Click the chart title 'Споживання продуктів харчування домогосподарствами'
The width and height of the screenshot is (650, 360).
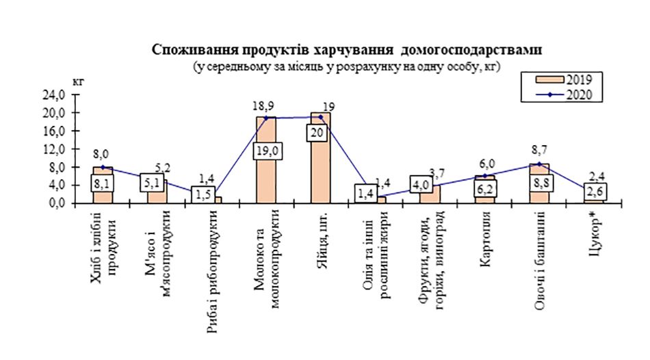click(346, 51)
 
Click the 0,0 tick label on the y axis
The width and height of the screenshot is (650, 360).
click(57, 203)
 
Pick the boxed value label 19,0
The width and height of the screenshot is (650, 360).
click(266, 151)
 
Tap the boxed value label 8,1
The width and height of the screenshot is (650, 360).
click(103, 183)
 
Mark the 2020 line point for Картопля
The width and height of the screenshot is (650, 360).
click(484, 176)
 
